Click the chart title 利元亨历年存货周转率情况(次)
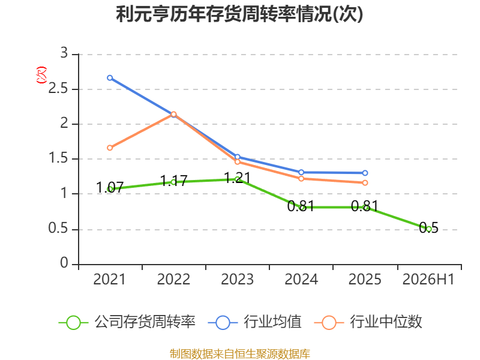pos(239,14)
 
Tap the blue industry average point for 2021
pos(110,78)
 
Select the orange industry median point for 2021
pos(110,148)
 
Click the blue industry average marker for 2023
pos(237,157)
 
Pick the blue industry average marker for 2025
pos(365,173)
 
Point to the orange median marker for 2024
pos(301,178)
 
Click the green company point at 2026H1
pos(429,229)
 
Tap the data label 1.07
pos(110,187)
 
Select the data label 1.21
pos(237,178)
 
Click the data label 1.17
pos(173,181)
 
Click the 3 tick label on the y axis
pos(64,53)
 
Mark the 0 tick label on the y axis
pos(64,263)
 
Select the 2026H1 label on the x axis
pos(428,279)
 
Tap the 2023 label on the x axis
pos(237,279)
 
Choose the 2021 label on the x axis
pos(109,279)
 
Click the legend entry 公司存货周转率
pos(127,322)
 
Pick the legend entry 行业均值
pos(254,322)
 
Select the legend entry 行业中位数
pos(368,322)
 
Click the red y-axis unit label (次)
pos(41,75)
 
